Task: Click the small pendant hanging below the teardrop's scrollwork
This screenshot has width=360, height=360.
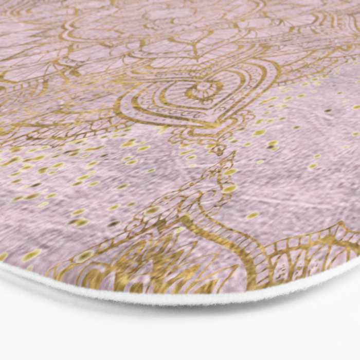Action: (220, 150)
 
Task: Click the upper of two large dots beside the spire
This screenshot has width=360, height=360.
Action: (229, 172)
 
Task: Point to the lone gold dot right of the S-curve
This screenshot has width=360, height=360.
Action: (253, 215)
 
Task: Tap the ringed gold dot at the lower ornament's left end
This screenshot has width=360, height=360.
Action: (84, 255)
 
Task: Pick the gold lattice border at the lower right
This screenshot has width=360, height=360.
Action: (314, 252)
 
